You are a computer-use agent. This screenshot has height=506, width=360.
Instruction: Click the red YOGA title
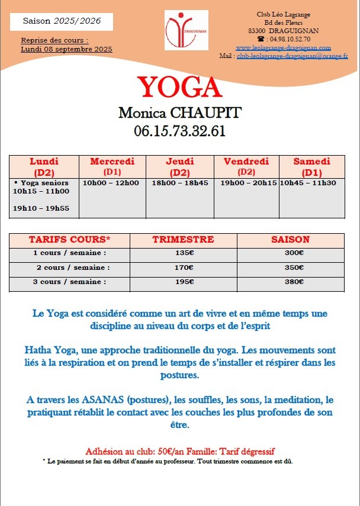(x=179, y=88)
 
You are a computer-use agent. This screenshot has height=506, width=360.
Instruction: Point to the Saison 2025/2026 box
(x=62, y=21)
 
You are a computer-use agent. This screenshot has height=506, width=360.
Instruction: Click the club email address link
(x=292, y=56)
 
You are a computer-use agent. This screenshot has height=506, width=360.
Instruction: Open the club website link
(x=283, y=47)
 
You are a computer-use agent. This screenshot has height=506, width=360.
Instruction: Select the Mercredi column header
(x=112, y=166)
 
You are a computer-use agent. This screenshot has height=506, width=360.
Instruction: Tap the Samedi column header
(x=311, y=166)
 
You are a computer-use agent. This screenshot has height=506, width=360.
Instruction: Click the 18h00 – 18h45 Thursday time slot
(x=180, y=183)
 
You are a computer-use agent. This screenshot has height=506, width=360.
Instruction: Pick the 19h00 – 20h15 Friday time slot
(x=249, y=183)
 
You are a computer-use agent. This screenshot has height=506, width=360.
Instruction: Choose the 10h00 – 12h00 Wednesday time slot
(x=111, y=183)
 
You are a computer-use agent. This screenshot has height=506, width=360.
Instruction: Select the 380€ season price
(x=295, y=282)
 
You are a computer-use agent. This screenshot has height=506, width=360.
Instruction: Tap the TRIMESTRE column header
(x=183, y=240)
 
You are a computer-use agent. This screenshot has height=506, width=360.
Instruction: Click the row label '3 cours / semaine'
(x=69, y=282)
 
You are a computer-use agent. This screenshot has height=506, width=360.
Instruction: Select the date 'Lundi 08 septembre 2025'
(x=66, y=49)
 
